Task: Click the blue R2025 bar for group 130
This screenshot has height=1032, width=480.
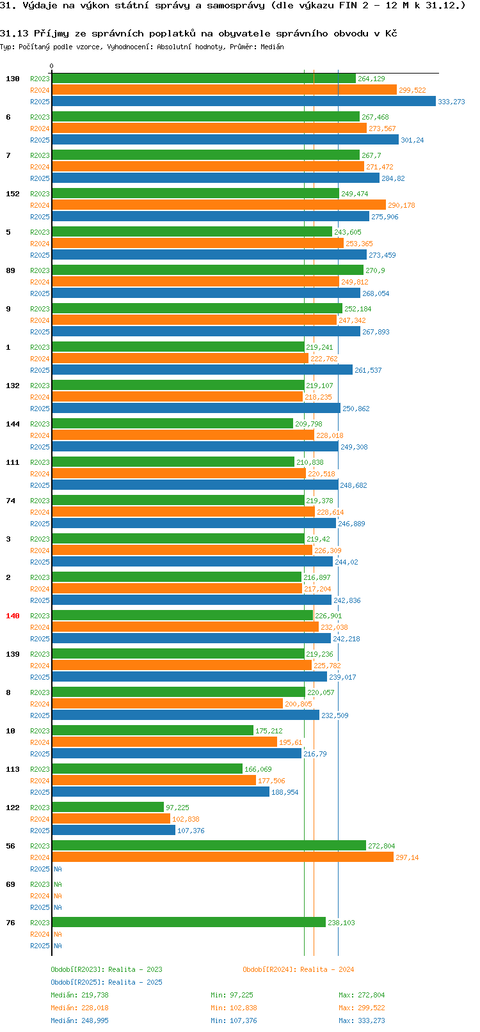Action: point(243,102)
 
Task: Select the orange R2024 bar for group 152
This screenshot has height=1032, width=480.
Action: point(219,205)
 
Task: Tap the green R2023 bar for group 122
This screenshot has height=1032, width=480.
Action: point(108,808)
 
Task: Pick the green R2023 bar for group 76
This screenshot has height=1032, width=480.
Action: point(189,923)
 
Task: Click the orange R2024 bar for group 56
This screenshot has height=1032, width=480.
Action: point(223,857)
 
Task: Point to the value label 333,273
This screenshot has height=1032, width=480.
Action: point(451,102)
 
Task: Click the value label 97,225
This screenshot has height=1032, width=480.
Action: point(177,808)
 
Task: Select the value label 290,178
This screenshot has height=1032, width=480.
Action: point(401,205)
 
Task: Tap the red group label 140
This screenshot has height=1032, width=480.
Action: point(13,616)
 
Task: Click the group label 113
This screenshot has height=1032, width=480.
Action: point(13,769)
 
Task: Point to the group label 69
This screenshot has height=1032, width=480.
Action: point(10,884)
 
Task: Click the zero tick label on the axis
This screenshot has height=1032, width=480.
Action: point(52,66)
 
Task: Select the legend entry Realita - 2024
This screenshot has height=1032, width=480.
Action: point(298,969)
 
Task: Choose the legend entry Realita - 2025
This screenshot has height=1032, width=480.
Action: point(106,982)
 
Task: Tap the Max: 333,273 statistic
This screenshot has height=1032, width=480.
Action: point(362,1020)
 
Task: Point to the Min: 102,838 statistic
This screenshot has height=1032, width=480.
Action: point(234,1008)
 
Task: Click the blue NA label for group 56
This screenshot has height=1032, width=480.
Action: point(58,869)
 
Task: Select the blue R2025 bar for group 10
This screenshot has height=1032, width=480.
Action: point(177,754)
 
